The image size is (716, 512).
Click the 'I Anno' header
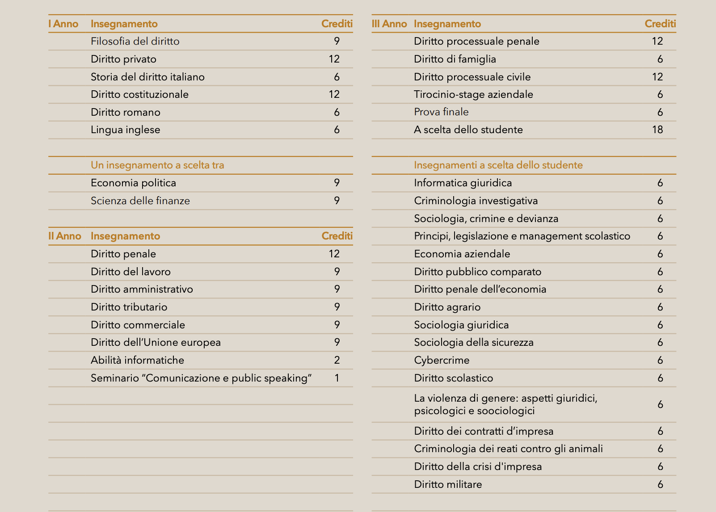pyautogui.click(x=63, y=24)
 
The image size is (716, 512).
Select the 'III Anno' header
pyautogui.click(x=389, y=24)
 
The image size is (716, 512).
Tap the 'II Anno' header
pyautogui.click(x=65, y=236)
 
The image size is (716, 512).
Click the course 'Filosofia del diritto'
pyautogui.click(x=135, y=41)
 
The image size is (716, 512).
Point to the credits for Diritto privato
pyautogui.click(x=334, y=59)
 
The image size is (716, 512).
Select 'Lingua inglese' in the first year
pyautogui.click(x=125, y=130)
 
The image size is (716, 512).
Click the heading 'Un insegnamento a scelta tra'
pyautogui.click(x=157, y=165)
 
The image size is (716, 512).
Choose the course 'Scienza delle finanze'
pyautogui.click(x=140, y=201)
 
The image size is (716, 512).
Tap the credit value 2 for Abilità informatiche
pyautogui.click(x=337, y=360)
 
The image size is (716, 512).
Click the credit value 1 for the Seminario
pyautogui.click(x=337, y=378)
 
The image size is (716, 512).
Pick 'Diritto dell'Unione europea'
pyautogui.click(x=156, y=342)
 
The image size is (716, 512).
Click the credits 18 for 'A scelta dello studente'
pyautogui.click(x=657, y=130)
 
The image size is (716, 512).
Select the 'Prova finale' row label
pyautogui.click(x=441, y=112)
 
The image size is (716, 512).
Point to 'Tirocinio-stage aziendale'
pyautogui.click(x=473, y=94)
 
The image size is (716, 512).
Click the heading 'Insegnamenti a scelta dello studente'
pyautogui.click(x=498, y=165)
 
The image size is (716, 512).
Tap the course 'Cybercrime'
pyautogui.click(x=442, y=360)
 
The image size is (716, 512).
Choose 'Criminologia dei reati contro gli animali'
pyautogui.click(x=508, y=449)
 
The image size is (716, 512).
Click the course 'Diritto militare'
pyautogui.click(x=448, y=484)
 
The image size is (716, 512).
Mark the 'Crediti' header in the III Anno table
pyautogui.click(x=660, y=24)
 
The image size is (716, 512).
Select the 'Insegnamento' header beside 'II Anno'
pyautogui.click(x=125, y=236)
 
